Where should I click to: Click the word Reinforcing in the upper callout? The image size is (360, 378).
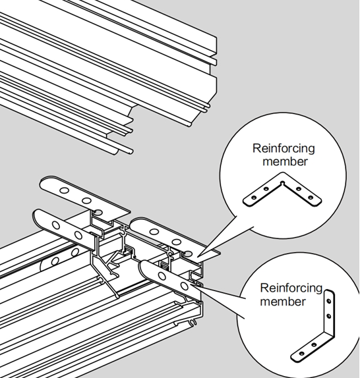click(x=284, y=149)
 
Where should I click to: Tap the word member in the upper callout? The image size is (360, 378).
click(x=285, y=161)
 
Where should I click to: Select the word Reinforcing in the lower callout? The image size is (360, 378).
click(x=291, y=288)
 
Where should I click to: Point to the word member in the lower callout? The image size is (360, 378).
click(x=283, y=302)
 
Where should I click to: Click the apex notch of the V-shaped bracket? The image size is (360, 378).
click(x=283, y=184)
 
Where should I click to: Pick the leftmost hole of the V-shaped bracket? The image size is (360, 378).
click(x=254, y=198)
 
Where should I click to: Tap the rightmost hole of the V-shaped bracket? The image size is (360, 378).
click(x=311, y=198)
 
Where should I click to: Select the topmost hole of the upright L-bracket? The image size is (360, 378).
click(x=328, y=301)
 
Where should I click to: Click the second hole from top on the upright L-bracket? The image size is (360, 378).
click(x=328, y=315)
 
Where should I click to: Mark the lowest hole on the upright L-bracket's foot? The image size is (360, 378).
click(x=301, y=354)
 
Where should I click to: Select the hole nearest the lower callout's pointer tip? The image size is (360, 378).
click(x=185, y=286)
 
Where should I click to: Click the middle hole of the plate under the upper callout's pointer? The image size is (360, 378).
click(x=177, y=241)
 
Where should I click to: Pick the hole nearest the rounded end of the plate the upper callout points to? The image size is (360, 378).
click(x=154, y=232)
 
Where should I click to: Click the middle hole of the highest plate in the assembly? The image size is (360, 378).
click(x=86, y=200)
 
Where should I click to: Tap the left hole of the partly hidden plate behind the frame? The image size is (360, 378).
click(x=55, y=261)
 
